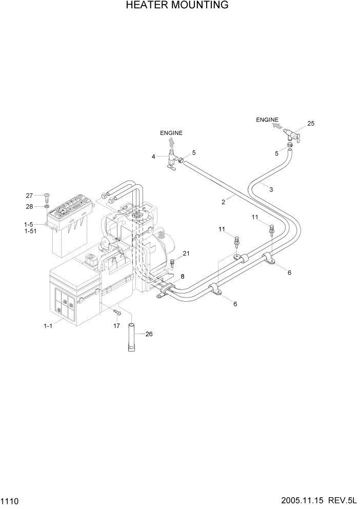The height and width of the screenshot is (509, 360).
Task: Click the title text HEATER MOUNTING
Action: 177,6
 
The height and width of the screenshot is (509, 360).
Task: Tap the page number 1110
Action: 11,499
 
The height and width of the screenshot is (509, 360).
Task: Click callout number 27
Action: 30,195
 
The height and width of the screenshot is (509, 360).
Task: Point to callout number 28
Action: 30,206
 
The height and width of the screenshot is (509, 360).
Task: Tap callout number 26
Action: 149,334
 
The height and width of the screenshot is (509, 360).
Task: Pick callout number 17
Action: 117,325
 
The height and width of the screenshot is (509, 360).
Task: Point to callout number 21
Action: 186,253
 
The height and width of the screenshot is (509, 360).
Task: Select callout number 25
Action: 310,123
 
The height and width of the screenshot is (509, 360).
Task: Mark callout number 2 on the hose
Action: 224,202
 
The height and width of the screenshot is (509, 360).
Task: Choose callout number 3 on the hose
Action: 271,189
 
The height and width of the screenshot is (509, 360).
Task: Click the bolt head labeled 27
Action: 46,195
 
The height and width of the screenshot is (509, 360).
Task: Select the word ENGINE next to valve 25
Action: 267,120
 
